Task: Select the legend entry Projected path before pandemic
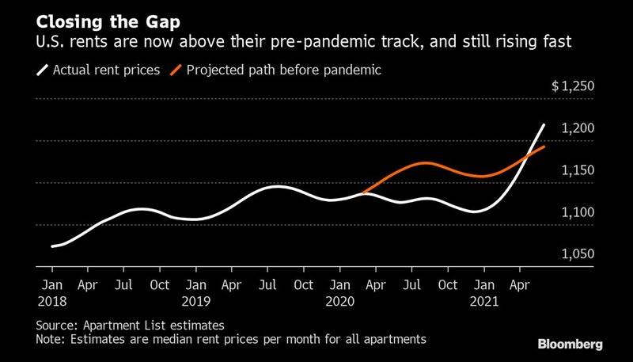point(283,70)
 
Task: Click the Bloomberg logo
point(570,344)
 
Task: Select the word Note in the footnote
point(51,339)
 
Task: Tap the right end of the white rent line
point(544,124)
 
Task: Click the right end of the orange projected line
point(544,147)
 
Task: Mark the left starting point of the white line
point(52,246)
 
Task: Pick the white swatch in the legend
point(43,70)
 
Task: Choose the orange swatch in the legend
point(176,70)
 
